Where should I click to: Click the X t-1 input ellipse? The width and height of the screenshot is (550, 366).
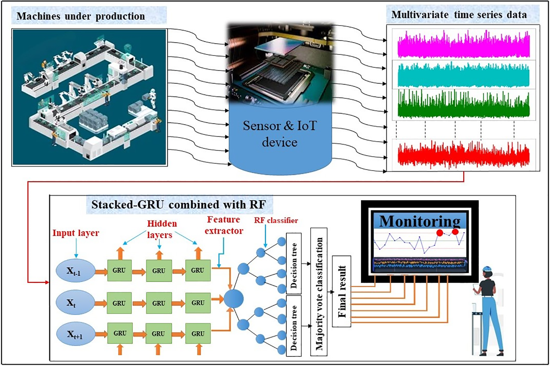(75, 270)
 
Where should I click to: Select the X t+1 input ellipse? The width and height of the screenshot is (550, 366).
(75, 334)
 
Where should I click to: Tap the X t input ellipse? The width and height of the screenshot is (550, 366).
(75, 303)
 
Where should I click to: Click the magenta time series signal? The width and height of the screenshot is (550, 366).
(464, 45)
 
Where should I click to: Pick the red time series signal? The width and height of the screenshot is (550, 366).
(464, 154)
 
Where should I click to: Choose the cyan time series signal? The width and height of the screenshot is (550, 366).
(464, 75)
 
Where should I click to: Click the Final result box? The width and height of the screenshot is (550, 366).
(342, 291)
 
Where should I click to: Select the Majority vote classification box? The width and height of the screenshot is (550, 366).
(319, 292)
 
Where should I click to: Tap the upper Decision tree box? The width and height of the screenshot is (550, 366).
(294, 263)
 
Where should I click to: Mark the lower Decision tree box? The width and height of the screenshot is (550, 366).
(294, 325)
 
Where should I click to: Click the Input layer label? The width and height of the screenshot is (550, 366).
(76, 233)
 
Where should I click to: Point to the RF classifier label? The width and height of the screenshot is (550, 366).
(276, 221)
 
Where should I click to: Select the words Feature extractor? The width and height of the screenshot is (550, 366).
(224, 225)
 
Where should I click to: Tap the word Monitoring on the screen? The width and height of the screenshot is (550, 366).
(420, 221)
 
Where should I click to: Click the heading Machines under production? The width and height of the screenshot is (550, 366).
(81, 16)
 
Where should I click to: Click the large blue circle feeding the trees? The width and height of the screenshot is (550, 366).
(234, 299)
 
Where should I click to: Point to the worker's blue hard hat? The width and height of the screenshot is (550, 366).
(487, 268)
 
